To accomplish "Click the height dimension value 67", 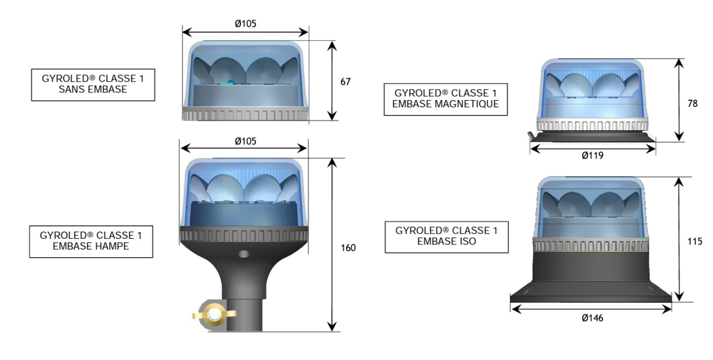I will (x=345, y=81).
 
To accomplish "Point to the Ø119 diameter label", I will (x=592, y=156).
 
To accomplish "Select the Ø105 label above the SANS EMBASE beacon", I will (x=245, y=23).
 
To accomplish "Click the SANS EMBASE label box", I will (x=93, y=85).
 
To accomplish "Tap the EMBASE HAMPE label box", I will (x=91, y=241).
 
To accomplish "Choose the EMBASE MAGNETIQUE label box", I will (x=445, y=99).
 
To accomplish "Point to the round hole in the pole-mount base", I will (x=244, y=254).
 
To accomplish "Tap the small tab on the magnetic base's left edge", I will (x=530, y=135).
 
